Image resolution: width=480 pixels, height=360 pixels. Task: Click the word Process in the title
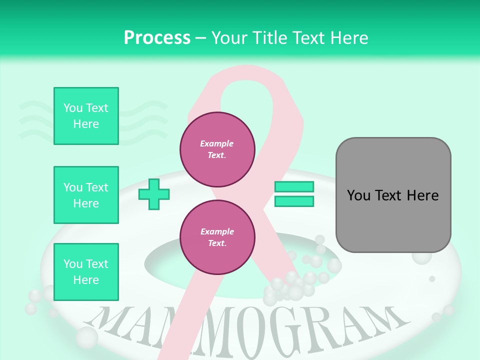[x=157, y=38]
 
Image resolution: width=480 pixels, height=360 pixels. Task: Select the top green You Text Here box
[x=86, y=116]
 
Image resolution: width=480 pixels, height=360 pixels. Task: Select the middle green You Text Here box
[x=86, y=195]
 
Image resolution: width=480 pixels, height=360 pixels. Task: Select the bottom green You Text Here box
[x=86, y=271]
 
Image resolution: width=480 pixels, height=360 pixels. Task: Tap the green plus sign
[x=154, y=195]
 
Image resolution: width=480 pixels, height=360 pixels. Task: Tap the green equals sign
[x=294, y=194]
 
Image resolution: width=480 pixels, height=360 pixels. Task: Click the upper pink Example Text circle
[x=217, y=149]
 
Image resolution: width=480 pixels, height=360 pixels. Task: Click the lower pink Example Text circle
[x=217, y=237]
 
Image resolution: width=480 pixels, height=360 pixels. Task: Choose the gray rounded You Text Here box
[x=393, y=195]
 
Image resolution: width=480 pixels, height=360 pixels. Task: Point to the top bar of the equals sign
[x=294, y=187]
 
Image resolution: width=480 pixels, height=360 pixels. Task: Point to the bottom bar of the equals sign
[x=294, y=201]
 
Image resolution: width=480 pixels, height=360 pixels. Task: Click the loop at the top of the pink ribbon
[x=250, y=80]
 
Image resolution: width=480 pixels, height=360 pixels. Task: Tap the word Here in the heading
[x=350, y=38]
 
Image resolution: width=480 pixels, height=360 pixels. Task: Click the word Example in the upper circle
[x=217, y=143]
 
